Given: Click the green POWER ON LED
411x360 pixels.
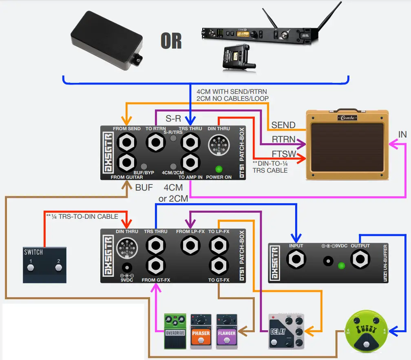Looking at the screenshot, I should pyautogui.click(x=219, y=169).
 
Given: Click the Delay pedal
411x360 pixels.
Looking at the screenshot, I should pyautogui.click(x=286, y=331).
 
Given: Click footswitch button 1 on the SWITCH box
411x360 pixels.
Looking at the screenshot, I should pyautogui.click(x=30, y=268).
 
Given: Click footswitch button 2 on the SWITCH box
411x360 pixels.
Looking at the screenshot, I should pyautogui.click(x=58, y=268).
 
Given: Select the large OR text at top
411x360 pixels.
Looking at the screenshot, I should pyautogui.click(x=171, y=41).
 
